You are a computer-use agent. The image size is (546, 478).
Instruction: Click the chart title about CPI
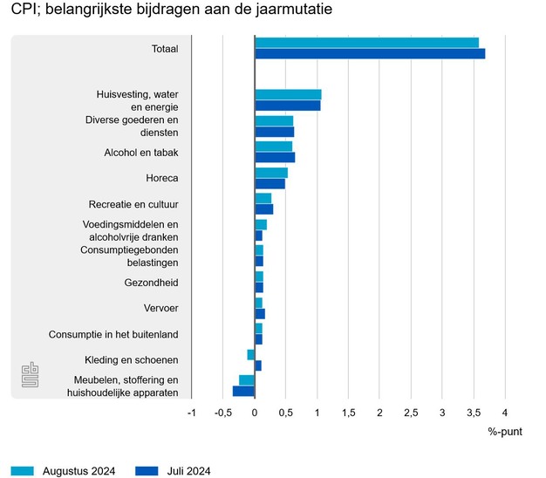point(172,11)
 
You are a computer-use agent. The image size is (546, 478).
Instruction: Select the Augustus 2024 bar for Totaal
point(366,43)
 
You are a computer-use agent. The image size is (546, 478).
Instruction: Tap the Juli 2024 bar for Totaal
point(370,54)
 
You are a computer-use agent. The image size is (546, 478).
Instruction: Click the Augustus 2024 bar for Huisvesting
point(288,94)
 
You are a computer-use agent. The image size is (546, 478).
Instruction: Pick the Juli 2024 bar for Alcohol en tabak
point(275,158)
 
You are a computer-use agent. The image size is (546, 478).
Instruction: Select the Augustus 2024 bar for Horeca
point(271,173)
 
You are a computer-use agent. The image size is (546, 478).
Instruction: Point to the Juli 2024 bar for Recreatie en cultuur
point(264,209)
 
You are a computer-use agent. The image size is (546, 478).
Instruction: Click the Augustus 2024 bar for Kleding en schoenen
point(251,354)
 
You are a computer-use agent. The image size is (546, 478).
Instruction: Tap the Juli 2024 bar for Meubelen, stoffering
point(243,392)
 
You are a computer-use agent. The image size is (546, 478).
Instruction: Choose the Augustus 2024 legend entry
point(65,471)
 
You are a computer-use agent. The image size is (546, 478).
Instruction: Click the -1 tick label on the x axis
point(192,412)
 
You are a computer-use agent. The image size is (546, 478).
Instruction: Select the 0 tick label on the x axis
point(255,412)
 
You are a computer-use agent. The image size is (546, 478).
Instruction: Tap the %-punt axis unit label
point(505,432)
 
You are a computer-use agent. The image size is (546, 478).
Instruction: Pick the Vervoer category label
point(161,308)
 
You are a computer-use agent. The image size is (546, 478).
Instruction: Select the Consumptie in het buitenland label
point(113,334)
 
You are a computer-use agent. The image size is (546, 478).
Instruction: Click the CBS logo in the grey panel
point(31,376)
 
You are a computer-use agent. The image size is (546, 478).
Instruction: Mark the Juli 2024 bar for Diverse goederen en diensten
point(275,132)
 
